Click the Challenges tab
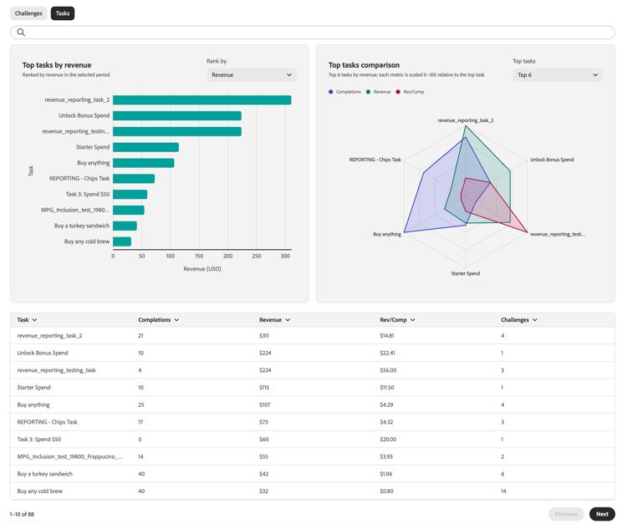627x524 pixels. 28,13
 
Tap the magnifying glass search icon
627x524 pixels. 21,33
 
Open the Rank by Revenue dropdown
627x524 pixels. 252,74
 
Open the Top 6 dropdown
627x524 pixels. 558,74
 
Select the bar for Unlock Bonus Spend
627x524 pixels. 177,115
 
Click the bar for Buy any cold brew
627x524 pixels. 122,242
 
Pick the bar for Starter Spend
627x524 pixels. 146,147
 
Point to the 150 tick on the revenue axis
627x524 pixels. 199,256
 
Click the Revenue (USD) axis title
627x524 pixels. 202,269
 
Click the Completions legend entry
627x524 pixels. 344,92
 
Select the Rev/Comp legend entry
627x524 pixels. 410,92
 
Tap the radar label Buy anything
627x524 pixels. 387,234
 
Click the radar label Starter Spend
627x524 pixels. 466,273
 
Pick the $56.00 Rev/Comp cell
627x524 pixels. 388,370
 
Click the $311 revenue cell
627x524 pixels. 264,336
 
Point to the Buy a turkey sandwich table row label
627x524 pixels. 45,474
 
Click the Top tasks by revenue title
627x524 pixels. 57,65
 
